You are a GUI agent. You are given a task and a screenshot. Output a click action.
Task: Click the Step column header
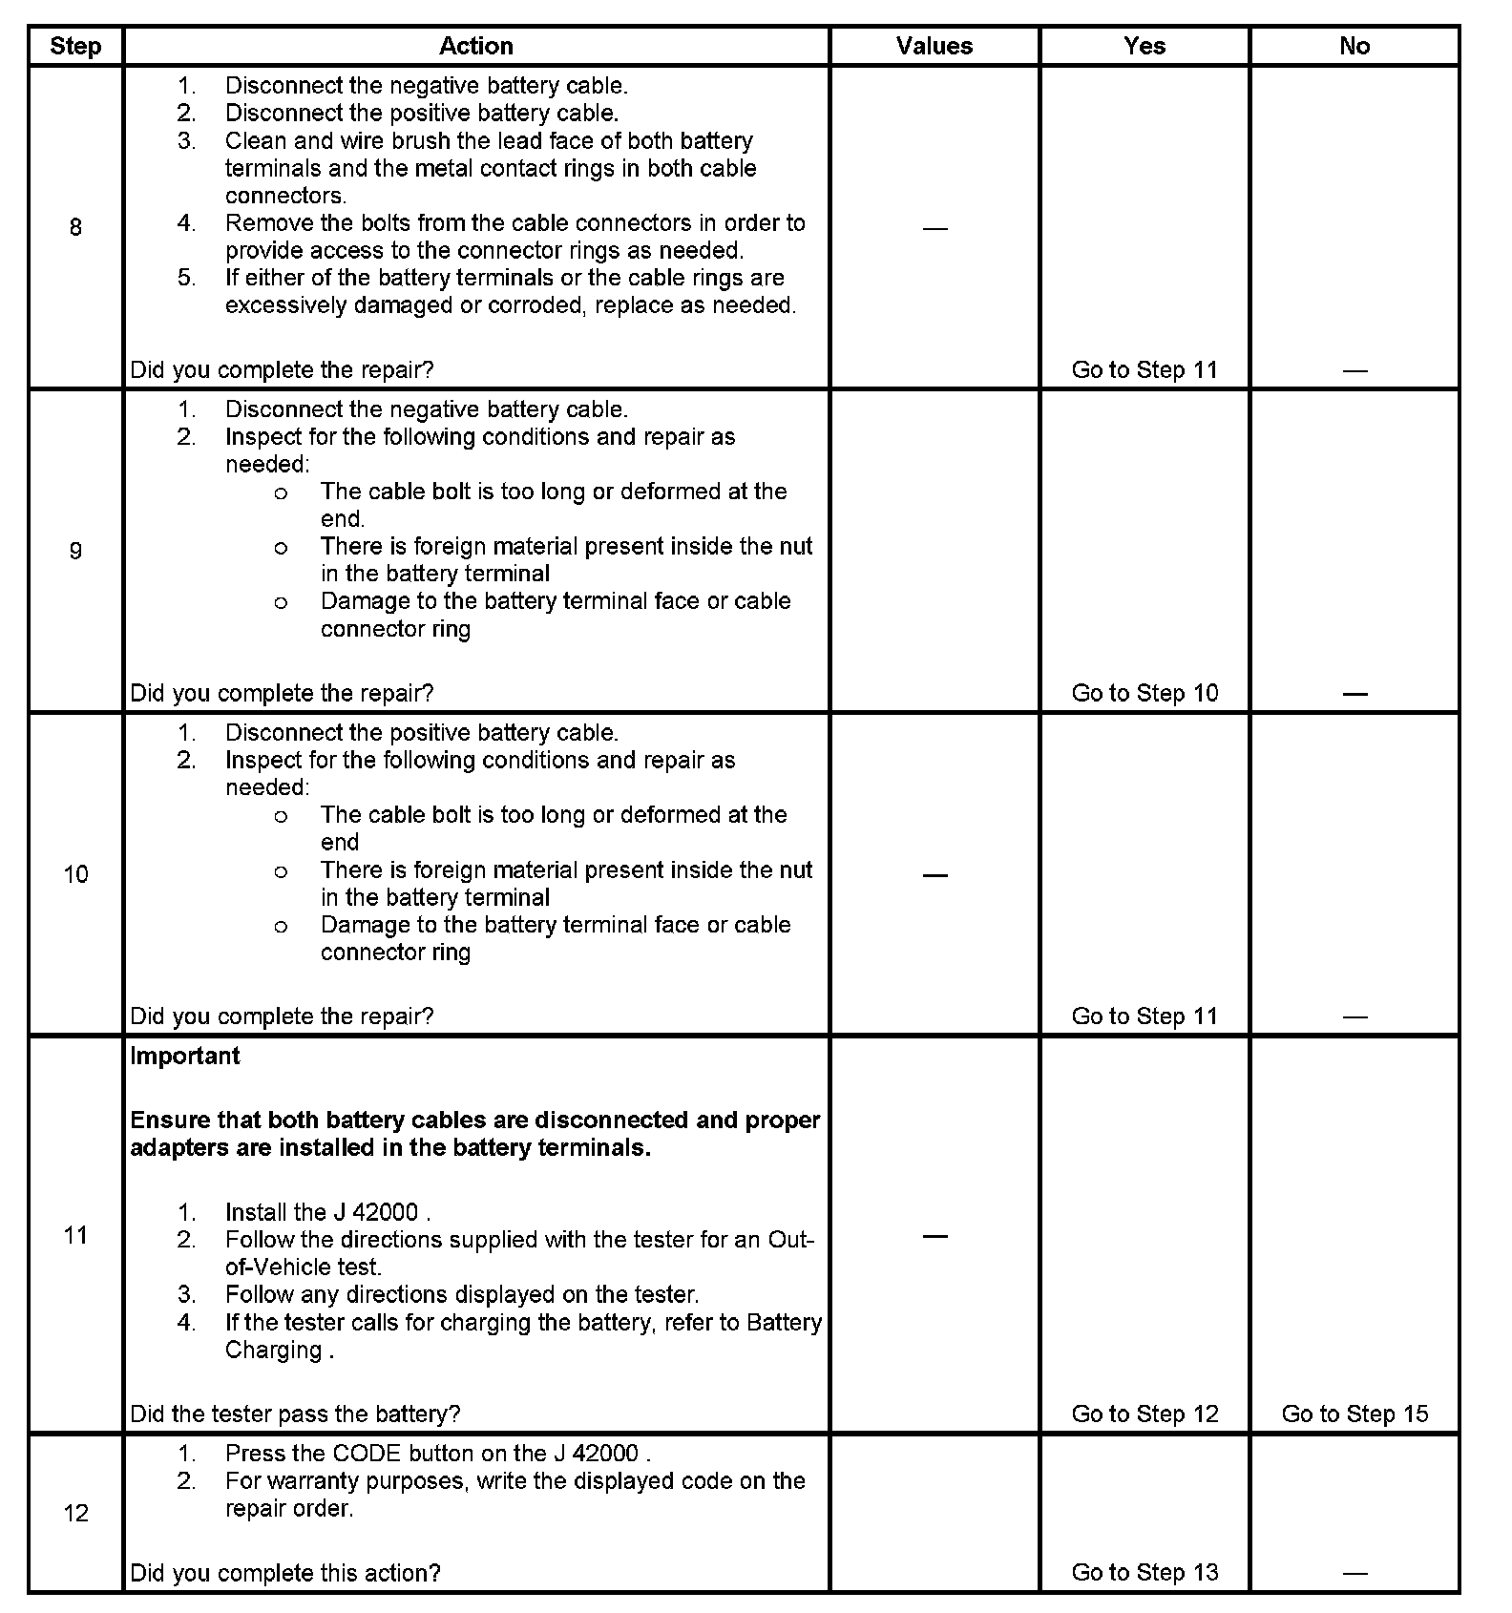(75, 46)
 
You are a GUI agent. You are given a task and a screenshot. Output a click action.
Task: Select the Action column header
(475, 46)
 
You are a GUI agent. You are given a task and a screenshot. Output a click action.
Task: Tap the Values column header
(934, 46)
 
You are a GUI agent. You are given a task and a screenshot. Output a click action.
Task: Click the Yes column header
(1144, 46)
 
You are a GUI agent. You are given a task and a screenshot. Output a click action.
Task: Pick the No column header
(1354, 46)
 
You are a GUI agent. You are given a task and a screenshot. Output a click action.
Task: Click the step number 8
(75, 227)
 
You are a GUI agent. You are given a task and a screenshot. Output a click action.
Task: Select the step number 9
(75, 550)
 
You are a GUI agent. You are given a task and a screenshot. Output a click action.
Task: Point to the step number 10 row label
(75, 874)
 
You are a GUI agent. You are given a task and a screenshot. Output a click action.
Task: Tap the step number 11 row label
(75, 1235)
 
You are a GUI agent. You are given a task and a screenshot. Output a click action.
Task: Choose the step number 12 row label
(75, 1513)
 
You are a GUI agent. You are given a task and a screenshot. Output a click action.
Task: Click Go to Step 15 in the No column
(1354, 1414)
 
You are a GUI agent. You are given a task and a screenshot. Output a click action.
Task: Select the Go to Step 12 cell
(1144, 1414)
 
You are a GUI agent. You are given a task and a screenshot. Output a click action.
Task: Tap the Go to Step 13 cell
(1144, 1572)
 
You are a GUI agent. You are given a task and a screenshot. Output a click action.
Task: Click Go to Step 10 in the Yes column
(1144, 693)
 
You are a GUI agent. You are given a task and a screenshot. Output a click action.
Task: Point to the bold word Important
(185, 1057)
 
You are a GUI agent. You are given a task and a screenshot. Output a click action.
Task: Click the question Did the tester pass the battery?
(295, 1414)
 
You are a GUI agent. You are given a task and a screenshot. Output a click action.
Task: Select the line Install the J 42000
(327, 1212)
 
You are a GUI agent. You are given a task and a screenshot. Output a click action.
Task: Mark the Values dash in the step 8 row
(935, 228)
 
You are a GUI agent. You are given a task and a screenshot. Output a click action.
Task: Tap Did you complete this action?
(285, 1572)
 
